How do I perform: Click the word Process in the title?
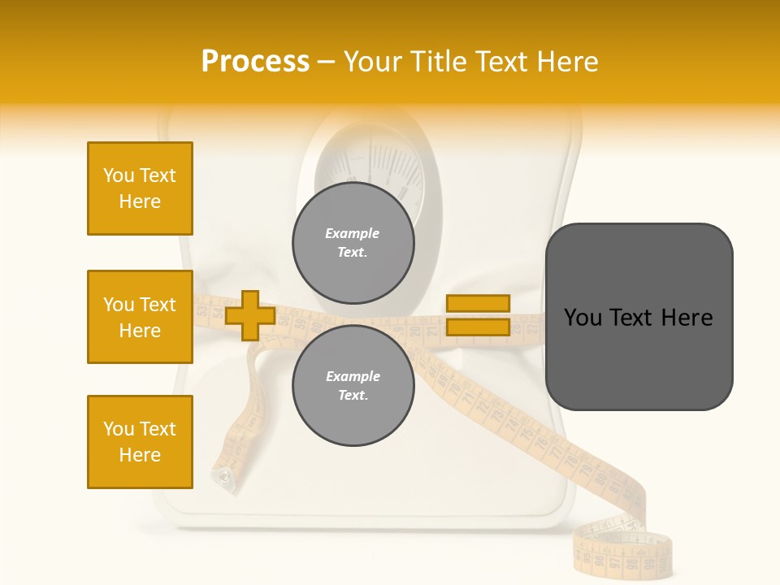[255, 62]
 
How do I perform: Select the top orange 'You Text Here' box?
[140, 188]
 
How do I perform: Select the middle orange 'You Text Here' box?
[140, 317]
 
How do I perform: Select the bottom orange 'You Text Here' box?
[140, 442]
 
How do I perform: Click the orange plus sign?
[250, 315]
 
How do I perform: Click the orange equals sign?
[478, 315]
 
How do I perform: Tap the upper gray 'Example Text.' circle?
[353, 242]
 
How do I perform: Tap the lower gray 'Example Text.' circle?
[353, 385]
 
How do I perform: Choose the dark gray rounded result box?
[639, 317]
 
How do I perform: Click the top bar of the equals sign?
[478, 304]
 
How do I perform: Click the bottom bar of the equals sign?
[478, 327]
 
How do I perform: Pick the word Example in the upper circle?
[353, 233]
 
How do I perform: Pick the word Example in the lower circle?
[353, 376]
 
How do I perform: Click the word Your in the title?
[372, 62]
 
